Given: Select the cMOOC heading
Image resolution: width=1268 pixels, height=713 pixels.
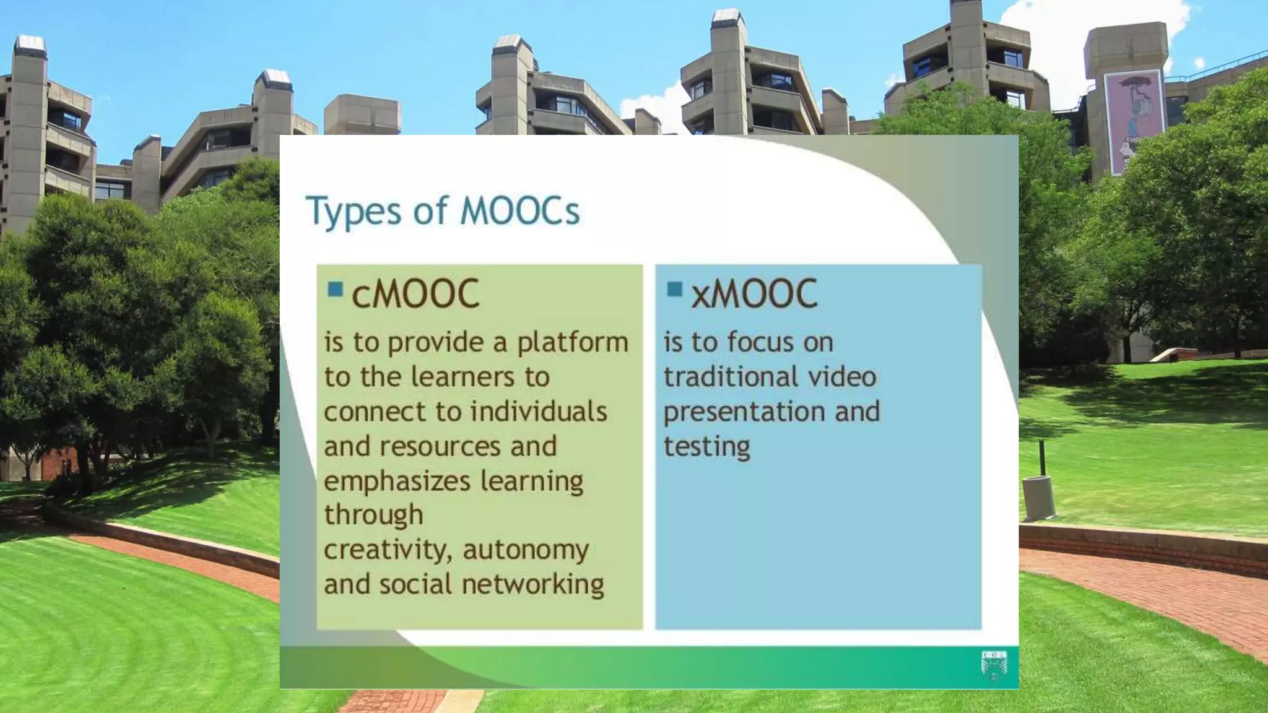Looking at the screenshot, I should click(415, 294).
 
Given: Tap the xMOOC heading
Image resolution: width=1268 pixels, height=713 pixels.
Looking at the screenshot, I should click(753, 294).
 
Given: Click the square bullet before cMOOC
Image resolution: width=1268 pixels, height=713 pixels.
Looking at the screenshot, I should click(335, 288).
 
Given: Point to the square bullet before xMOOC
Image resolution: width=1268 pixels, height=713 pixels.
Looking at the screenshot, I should click(674, 288).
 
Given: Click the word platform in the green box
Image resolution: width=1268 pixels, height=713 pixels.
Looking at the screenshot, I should click(573, 343).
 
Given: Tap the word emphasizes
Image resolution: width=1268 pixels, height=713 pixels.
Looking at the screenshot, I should click(393, 481).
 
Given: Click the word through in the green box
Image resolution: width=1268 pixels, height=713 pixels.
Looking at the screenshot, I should click(373, 515).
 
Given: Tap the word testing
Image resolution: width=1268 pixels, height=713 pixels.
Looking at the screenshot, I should click(706, 447).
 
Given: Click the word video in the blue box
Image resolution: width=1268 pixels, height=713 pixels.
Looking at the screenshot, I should click(846, 377).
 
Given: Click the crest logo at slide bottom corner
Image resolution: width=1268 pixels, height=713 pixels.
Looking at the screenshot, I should click(994, 666).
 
